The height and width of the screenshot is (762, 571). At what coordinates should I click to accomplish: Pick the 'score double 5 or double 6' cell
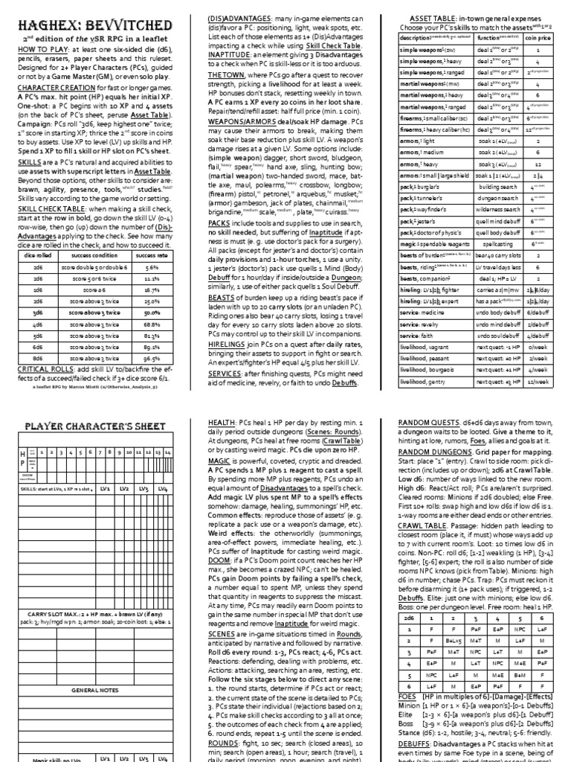[100, 266]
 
